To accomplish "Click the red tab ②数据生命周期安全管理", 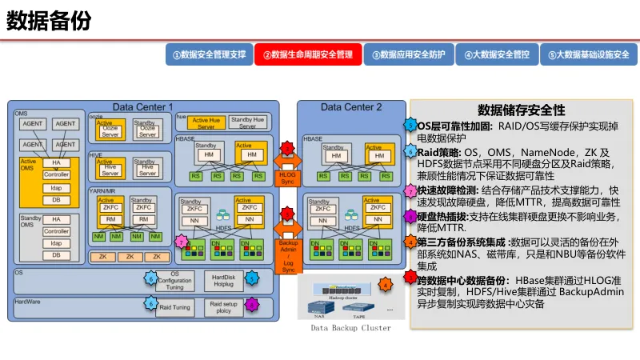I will [x=308, y=55].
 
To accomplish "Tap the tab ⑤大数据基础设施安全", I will [x=589, y=55].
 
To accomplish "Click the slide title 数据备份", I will [x=49, y=21].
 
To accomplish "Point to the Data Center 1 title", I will [x=142, y=107].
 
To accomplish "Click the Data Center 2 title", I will [x=351, y=107].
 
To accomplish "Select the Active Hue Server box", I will [x=206, y=123].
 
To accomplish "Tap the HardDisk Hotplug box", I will [x=223, y=279].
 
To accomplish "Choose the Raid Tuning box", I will [x=175, y=306].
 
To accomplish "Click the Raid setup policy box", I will [x=224, y=306].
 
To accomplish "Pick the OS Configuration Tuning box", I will [x=175, y=279].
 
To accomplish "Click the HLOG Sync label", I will [x=288, y=178].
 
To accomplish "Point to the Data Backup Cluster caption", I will [x=351, y=328].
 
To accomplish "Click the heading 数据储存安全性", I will [x=521, y=110].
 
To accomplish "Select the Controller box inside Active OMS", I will [x=56, y=174].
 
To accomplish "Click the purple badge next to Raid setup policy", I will [x=251, y=305].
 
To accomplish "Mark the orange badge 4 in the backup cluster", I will [x=385, y=284].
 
